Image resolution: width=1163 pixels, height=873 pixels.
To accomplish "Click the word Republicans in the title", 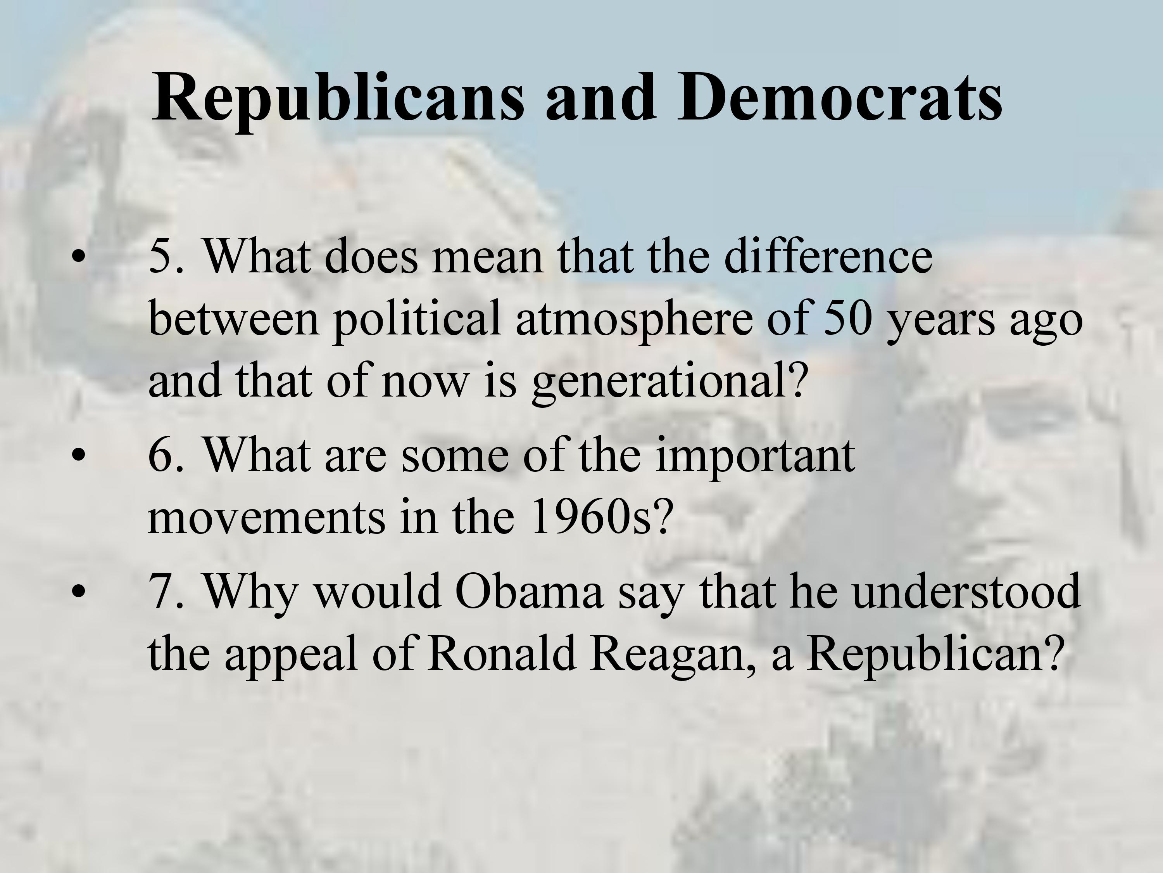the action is pyautogui.click(x=338, y=99).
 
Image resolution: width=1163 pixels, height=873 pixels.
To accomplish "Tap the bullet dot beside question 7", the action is pyautogui.click(x=78, y=591).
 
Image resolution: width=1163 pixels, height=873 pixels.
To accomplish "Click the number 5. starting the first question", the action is pyautogui.click(x=167, y=256).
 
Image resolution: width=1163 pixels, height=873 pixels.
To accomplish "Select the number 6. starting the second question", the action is pyautogui.click(x=167, y=455).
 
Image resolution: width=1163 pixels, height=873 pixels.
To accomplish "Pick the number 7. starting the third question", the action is pyautogui.click(x=167, y=591).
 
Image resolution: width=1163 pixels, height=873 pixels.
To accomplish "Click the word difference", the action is pyautogui.click(x=828, y=256).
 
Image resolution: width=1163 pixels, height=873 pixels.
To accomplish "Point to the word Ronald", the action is pyautogui.click(x=502, y=653).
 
